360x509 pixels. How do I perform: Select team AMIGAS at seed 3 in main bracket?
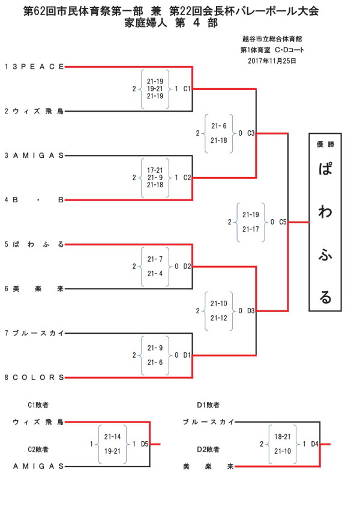(x=38, y=155)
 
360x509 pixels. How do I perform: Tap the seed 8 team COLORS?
(x=38, y=378)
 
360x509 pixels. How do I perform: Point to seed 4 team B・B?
(x=38, y=200)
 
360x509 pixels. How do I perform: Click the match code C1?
(x=187, y=89)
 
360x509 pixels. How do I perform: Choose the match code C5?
(x=283, y=222)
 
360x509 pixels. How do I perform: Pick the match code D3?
(x=251, y=311)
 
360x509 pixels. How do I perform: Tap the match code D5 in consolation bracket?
(x=145, y=444)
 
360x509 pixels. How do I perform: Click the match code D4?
(x=314, y=444)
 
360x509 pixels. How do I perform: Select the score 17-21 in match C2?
(x=155, y=170)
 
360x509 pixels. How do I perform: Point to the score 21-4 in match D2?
(x=155, y=274)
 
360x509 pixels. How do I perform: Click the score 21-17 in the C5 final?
(x=251, y=229)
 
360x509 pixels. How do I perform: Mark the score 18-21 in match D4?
(x=283, y=436)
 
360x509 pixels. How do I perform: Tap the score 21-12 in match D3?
(x=219, y=318)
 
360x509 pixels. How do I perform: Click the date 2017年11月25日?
(x=272, y=61)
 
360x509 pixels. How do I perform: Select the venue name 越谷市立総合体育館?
(x=272, y=39)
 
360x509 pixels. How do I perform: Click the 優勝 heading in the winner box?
(x=325, y=145)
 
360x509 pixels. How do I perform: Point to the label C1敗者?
(x=38, y=405)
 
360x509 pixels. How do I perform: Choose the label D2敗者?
(x=208, y=450)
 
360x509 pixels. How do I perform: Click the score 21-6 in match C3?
(x=219, y=126)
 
